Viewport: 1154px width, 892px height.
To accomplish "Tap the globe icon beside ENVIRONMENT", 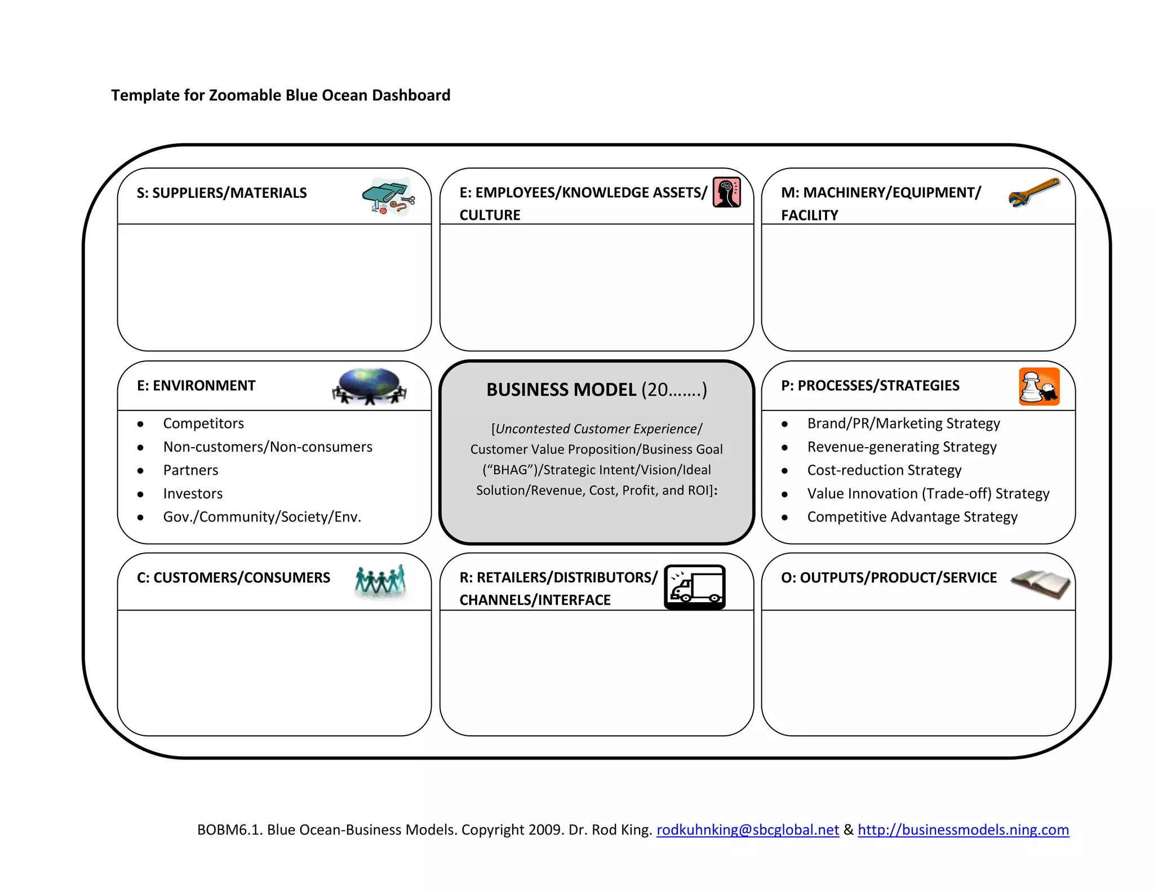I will click(370, 386).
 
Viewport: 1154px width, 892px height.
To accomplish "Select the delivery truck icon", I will click(695, 586).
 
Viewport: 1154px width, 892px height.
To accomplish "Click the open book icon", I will click(1040, 584).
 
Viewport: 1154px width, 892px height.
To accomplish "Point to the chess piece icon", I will click(1038, 387).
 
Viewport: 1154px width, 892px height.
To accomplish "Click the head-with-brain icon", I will click(727, 192).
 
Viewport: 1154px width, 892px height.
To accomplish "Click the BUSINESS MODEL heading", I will click(596, 390).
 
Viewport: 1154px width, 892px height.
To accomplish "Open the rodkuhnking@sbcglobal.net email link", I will click(747, 829).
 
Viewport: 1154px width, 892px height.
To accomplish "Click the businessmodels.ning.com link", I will click(963, 829).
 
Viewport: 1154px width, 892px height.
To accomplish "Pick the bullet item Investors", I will click(193, 493).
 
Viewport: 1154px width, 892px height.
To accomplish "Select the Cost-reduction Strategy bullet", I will click(884, 470).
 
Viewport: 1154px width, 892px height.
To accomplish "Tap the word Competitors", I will click(203, 423).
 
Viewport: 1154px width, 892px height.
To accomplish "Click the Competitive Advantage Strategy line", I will click(912, 516).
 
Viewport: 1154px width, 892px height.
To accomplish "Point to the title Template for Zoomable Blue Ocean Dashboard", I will click(281, 95).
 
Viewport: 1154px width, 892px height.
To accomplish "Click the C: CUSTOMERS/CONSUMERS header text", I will click(233, 577).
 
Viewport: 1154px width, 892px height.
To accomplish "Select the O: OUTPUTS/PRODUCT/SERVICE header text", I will click(889, 577).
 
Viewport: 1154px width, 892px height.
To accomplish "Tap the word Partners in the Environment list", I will click(190, 470).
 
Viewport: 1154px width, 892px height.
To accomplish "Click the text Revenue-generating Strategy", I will click(902, 447).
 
